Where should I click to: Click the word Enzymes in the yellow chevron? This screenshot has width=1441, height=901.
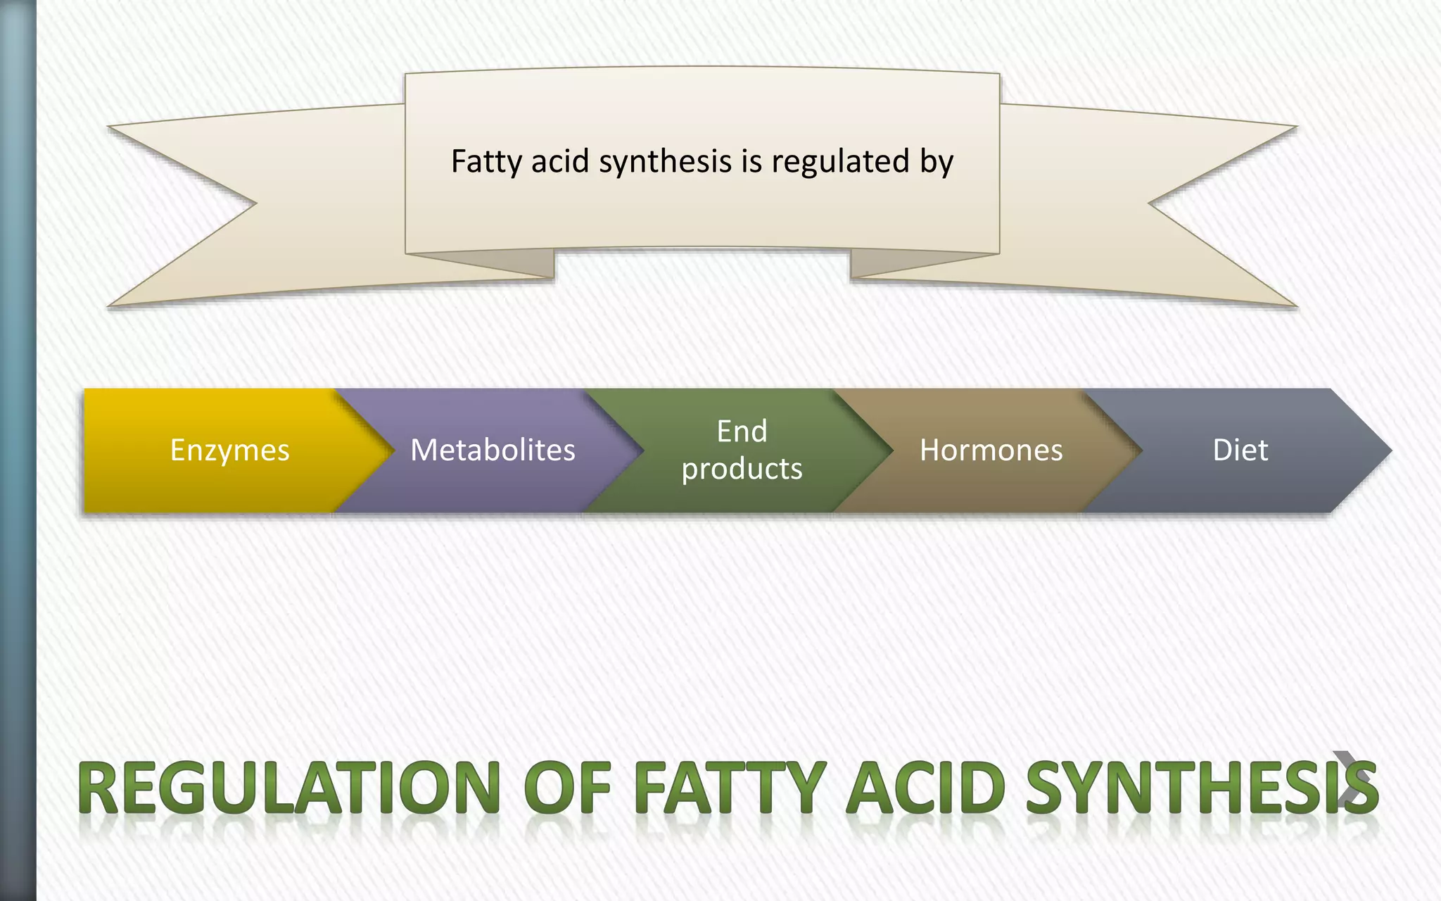(229, 450)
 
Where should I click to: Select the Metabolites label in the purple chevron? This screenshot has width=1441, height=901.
(493, 450)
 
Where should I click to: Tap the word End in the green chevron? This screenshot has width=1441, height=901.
(742, 431)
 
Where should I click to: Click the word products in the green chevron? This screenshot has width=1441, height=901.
(742, 469)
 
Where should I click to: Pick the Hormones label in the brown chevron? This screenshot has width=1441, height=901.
(991, 450)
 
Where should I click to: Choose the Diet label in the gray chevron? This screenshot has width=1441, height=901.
(1240, 450)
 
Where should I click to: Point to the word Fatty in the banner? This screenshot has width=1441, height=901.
(486, 162)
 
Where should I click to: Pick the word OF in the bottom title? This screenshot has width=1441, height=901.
(567, 788)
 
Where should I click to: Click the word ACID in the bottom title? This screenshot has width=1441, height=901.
(925, 788)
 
